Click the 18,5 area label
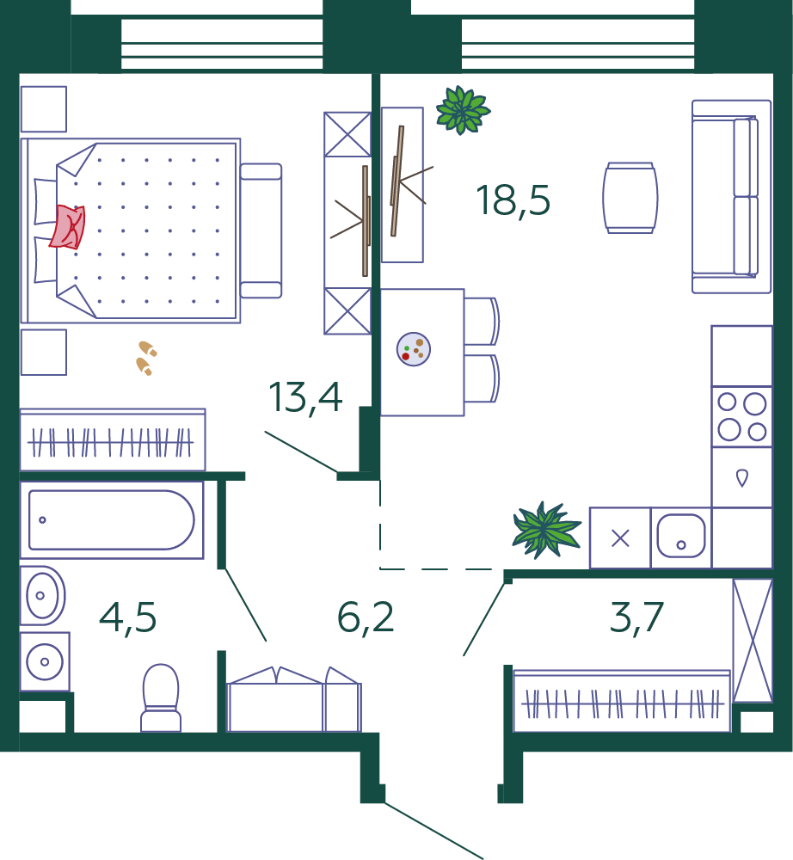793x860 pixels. [513, 200]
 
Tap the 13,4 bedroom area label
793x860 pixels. [305, 397]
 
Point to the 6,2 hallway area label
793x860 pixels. [366, 617]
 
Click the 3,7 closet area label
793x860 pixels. [636, 617]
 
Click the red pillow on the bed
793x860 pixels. [67, 226]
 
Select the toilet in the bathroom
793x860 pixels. [161, 697]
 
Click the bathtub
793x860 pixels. [112, 520]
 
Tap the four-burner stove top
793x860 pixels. [741, 417]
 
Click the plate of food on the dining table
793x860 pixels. [414, 349]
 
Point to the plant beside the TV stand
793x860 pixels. [464, 110]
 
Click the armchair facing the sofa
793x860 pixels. [630, 198]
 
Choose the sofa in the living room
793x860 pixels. [732, 196]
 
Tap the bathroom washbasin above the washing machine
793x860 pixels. [42, 596]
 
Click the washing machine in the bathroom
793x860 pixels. [45, 661]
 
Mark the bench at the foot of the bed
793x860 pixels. [261, 230]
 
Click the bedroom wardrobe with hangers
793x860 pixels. [113, 439]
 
